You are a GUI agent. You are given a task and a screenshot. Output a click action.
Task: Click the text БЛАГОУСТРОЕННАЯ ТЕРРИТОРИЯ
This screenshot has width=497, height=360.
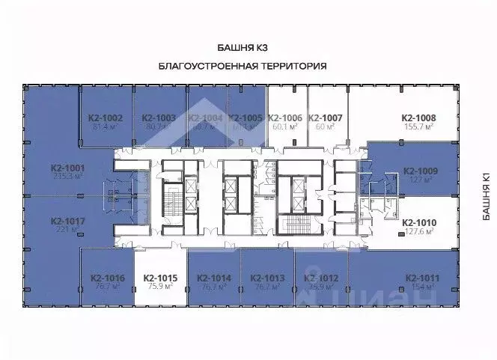[243, 66]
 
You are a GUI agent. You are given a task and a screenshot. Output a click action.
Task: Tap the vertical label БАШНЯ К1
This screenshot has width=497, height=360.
[486, 196]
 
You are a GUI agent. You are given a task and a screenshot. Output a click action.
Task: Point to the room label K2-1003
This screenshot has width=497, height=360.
[159, 118]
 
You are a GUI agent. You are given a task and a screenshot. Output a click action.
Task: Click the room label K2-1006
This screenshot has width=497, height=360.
[284, 118]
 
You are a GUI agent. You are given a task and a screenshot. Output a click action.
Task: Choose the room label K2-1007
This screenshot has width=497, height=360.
[325, 118]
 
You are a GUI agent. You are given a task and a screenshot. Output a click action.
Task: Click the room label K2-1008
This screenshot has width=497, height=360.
[419, 118]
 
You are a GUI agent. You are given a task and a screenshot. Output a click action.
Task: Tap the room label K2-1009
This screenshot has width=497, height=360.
[420, 171]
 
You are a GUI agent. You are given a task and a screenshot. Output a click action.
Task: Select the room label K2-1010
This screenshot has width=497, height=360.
[419, 222]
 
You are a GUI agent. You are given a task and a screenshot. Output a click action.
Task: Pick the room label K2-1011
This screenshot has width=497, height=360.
[421, 278]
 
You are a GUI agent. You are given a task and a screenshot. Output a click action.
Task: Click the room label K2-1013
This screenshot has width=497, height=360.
[267, 278]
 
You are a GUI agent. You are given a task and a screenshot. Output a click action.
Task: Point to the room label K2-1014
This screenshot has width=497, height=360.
[214, 278]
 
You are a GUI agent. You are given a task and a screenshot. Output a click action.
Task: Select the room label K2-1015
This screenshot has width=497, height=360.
[159, 278]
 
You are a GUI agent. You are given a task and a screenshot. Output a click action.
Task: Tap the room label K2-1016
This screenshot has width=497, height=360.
[106, 278]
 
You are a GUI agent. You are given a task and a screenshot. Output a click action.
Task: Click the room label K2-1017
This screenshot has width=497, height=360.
[67, 221]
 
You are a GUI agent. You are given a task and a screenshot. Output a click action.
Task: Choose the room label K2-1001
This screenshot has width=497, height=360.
[67, 168]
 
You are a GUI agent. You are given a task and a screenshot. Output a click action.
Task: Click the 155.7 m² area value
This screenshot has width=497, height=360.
[419, 127]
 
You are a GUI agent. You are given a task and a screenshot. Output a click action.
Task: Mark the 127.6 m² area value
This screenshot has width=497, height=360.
[419, 232]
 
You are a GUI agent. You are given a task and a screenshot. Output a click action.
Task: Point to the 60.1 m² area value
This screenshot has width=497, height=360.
[284, 127]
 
